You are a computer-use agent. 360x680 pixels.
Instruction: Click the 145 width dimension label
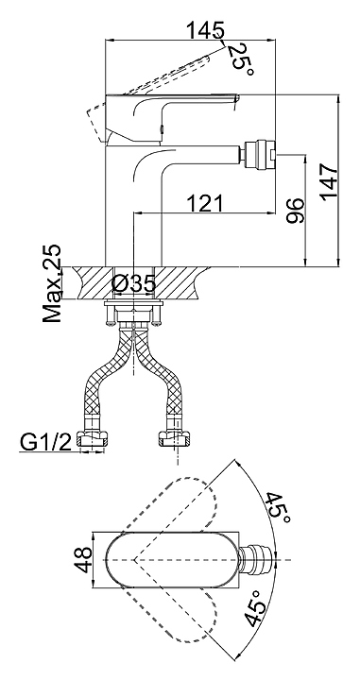[x=206, y=31]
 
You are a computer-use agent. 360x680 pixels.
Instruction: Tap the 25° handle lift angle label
[x=241, y=59]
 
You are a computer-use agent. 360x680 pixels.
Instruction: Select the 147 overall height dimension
[x=330, y=180]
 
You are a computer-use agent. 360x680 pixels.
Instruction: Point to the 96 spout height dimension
[x=296, y=211]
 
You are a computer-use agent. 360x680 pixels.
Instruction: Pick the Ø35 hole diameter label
[x=133, y=284]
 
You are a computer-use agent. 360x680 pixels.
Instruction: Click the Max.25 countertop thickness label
[x=52, y=283]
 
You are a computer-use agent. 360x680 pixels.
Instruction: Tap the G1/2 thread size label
[x=44, y=443]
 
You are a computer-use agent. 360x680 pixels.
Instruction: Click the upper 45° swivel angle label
[x=279, y=508]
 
